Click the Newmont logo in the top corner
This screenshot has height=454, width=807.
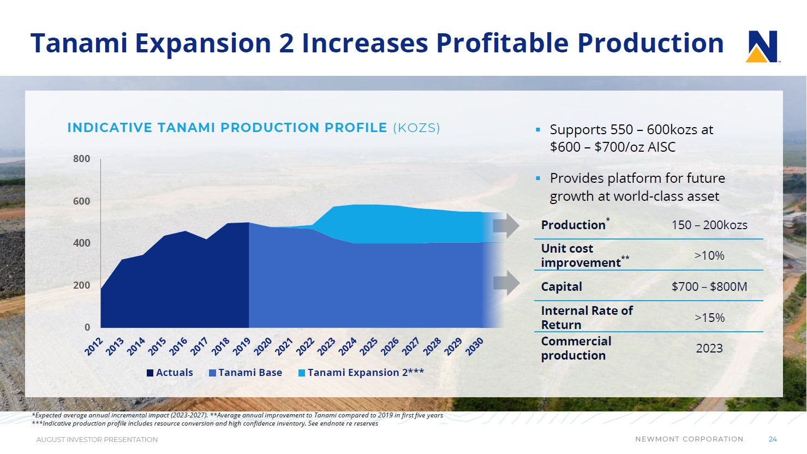click(x=762, y=46)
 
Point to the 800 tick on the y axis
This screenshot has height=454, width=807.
click(x=81, y=159)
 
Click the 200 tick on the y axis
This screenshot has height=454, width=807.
click(x=81, y=285)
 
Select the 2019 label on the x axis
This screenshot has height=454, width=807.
click(x=241, y=346)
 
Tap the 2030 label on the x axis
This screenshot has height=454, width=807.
click(x=474, y=346)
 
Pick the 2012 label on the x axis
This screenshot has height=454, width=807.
click(x=94, y=346)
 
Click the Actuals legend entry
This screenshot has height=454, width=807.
click(x=170, y=373)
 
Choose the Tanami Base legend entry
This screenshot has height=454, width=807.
click(x=246, y=373)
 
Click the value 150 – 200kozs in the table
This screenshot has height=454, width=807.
click(x=709, y=225)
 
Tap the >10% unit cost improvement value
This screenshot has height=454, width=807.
click(x=709, y=255)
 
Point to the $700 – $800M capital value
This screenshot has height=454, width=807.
click(x=709, y=286)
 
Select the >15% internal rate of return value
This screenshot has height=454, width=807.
click(x=709, y=318)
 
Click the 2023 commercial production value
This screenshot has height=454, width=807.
click(x=709, y=348)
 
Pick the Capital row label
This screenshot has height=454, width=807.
click(x=561, y=286)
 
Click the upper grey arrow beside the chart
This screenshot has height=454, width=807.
click(x=506, y=226)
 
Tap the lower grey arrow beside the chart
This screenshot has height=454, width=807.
click(x=506, y=283)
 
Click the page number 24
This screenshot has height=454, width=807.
click(x=773, y=439)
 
